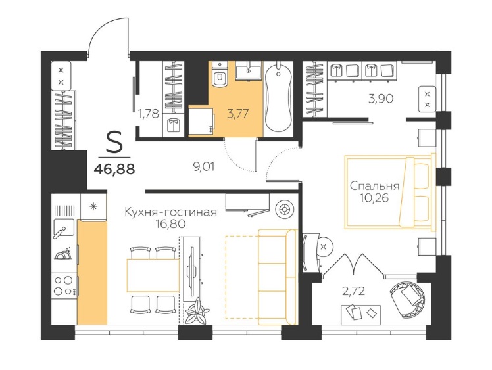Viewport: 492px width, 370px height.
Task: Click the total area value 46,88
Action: pyautogui.click(x=114, y=169)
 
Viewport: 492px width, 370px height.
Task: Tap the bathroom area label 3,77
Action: pyautogui.click(x=238, y=113)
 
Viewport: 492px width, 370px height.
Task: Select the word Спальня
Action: pyautogui.click(x=375, y=186)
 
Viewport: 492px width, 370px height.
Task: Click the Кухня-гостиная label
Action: pyautogui.click(x=171, y=212)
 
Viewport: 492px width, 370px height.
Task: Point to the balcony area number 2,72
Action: pyautogui.click(x=354, y=291)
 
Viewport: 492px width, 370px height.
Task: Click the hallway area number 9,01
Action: pyautogui.click(x=204, y=166)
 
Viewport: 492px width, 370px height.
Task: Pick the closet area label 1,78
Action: pyautogui.click(x=149, y=113)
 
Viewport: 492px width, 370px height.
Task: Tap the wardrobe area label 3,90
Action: pyautogui.click(x=381, y=99)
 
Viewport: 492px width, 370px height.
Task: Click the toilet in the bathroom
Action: pyautogui.click(x=219, y=74)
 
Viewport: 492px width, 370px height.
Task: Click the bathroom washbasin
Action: pyautogui.click(x=249, y=70)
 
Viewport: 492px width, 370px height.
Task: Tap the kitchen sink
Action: pyautogui.click(x=64, y=229)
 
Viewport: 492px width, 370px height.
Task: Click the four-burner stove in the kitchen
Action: pyautogui.click(x=64, y=285)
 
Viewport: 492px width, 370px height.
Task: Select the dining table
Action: pyautogui.click(x=153, y=275)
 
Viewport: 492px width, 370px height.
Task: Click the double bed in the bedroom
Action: pyautogui.click(x=390, y=192)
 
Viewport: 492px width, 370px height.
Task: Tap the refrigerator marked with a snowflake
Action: pyautogui.click(x=93, y=206)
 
